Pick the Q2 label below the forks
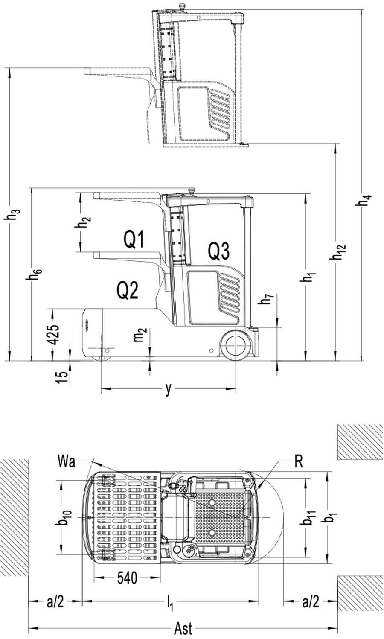[128, 291]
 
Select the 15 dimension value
[62, 376]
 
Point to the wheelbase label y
[169, 389]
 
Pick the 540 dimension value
[127, 578]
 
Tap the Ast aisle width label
[183, 629]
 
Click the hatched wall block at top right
[360, 442]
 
